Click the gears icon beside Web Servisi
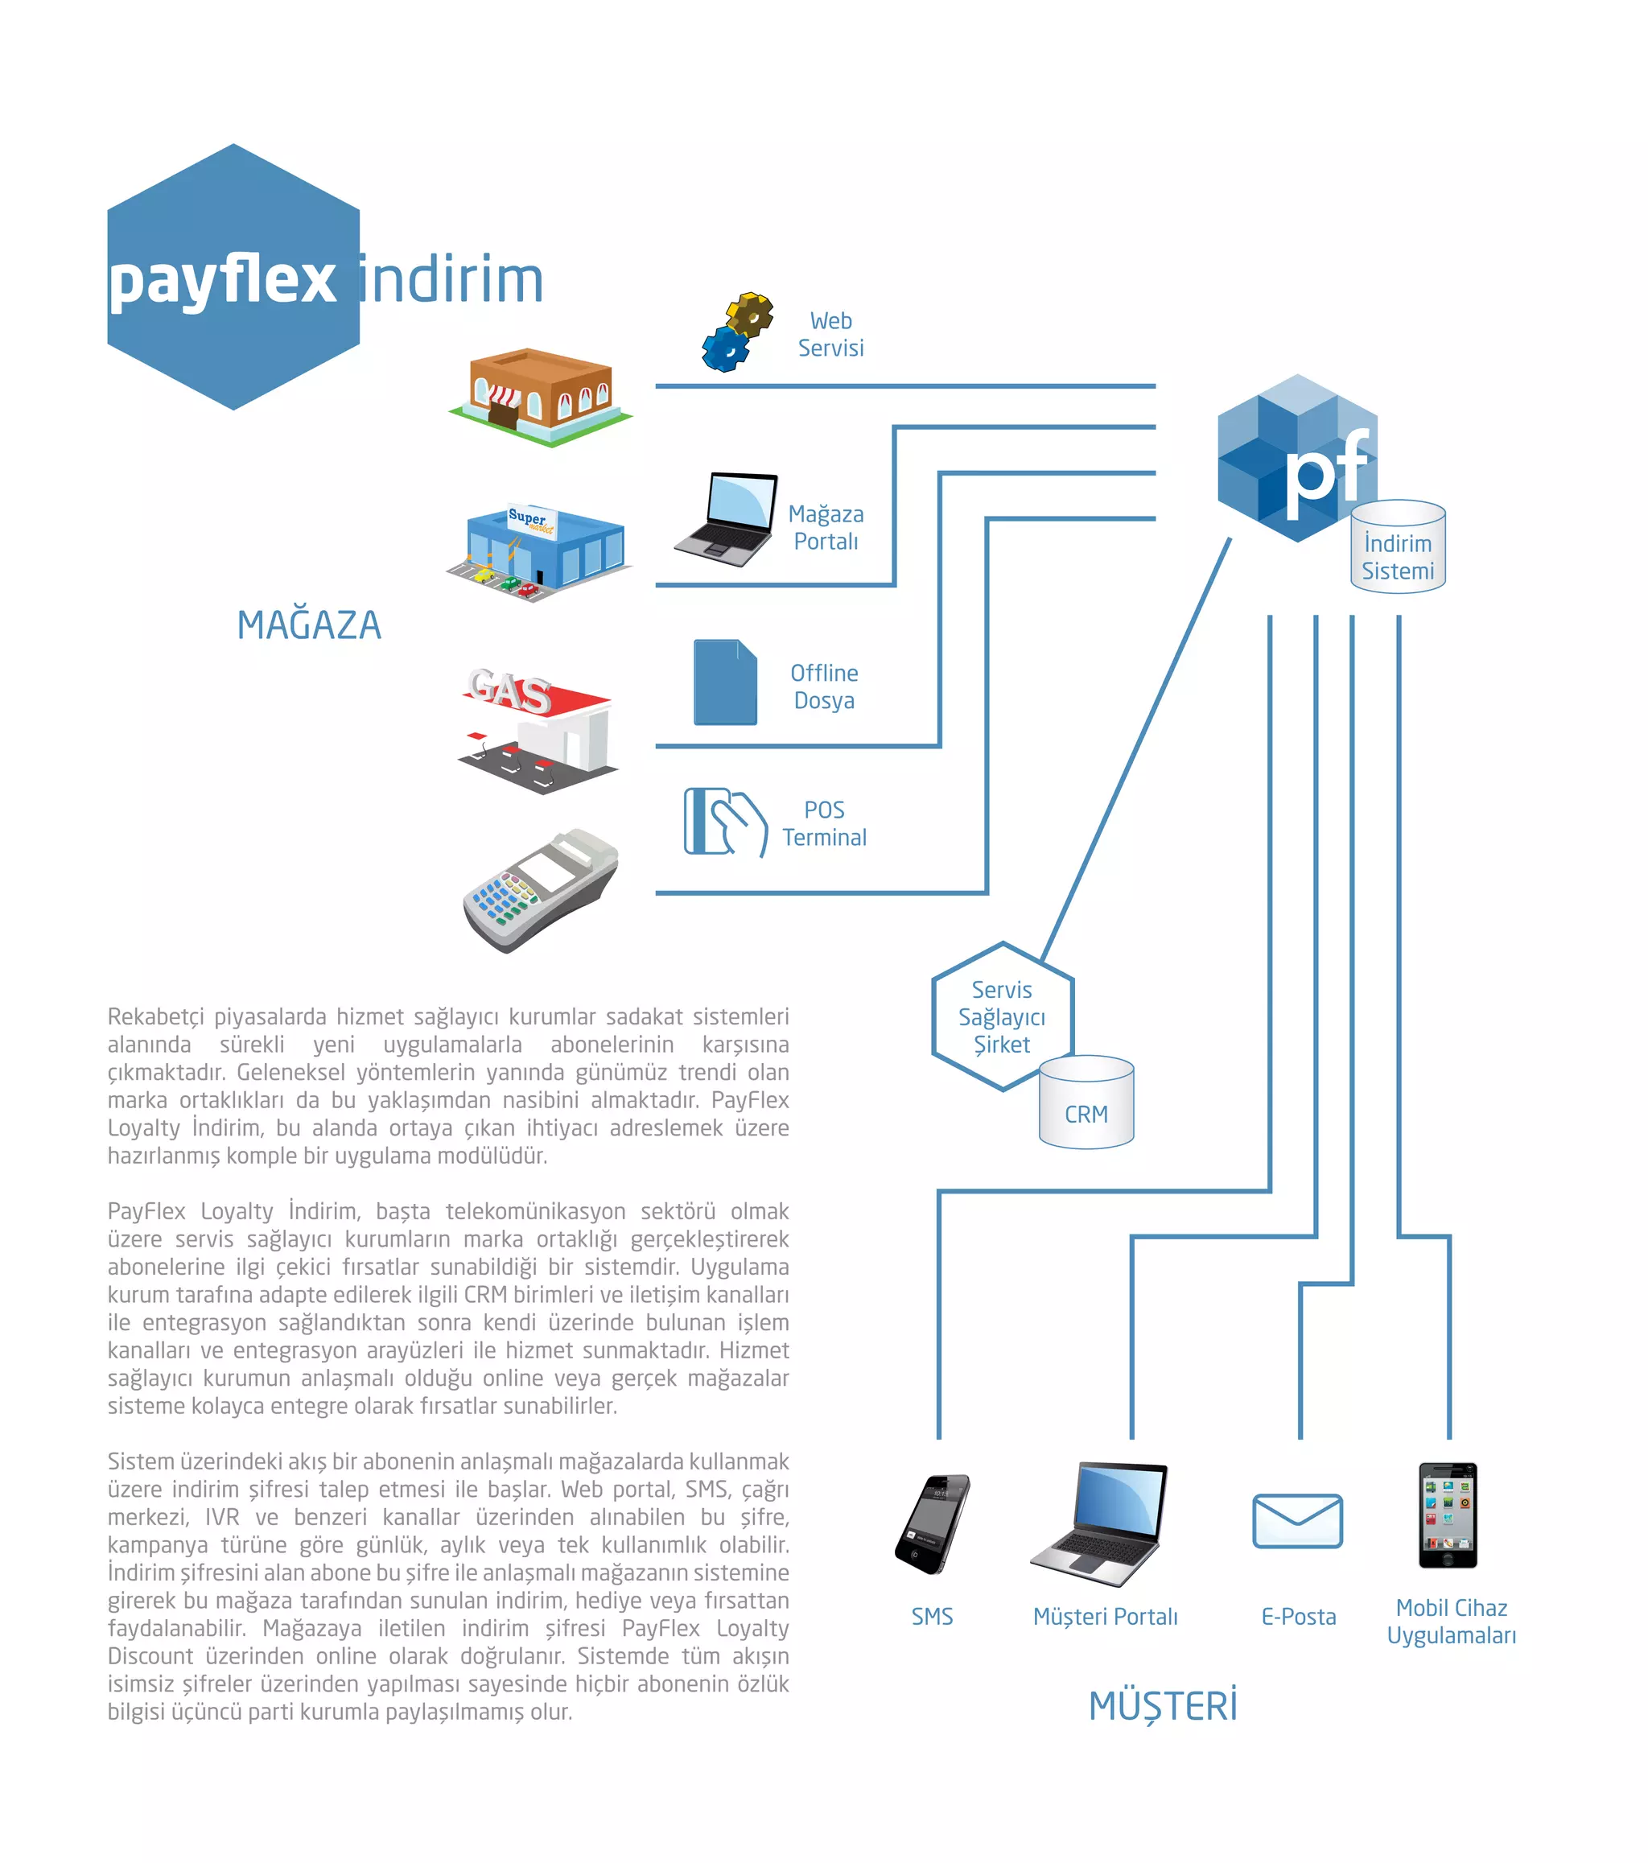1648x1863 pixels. (x=736, y=332)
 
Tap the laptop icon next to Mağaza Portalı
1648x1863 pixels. (x=727, y=520)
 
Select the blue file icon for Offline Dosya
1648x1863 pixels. (x=725, y=682)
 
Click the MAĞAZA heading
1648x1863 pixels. (x=309, y=625)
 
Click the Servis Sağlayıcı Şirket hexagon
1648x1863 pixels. (x=1002, y=1016)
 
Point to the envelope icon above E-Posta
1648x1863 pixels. (x=1297, y=1520)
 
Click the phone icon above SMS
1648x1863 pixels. (x=933, y=1523)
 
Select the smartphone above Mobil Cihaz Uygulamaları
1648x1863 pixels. (x=1448, y=1515)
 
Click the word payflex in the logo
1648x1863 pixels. (x=222, y=280)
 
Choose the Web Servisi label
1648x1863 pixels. (x=830, y=335)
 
